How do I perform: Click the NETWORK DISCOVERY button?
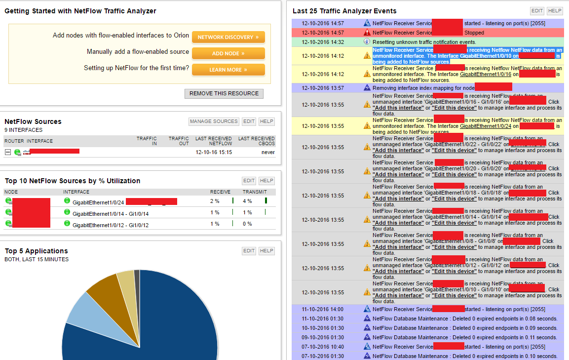click(x=228, y=37)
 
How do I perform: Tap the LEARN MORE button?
click(x=228, y=70)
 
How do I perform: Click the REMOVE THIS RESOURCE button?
click(x=224, y=93)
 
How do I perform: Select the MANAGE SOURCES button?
click(x=214, y=121)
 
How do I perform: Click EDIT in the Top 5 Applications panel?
click(x=249, y=251)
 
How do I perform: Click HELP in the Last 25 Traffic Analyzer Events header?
click(x=555, y=11)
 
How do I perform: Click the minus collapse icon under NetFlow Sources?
click(x=8, y=152)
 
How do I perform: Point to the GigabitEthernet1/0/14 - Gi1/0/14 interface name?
click(x=111, y=213)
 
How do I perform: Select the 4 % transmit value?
click(x=247, y=201)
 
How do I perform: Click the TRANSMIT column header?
click(x=255, y=192)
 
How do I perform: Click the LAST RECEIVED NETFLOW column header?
click(x=214, y=141)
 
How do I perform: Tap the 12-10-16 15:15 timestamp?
click(x=214, y=152)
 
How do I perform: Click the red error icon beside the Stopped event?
click(x=367, y=33)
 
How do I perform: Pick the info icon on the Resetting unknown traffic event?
click(x=367, y=42)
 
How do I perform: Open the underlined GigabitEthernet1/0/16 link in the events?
click(x=485, y=74)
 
